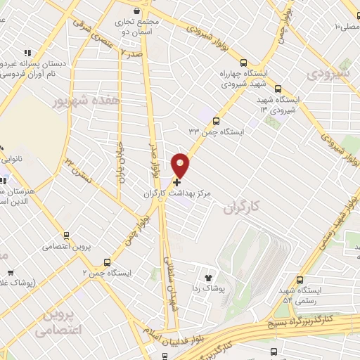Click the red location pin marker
(181, 165)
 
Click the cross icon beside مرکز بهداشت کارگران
(176, 181)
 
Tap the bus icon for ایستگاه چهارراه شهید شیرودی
(243, 62)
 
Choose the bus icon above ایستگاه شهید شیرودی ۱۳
(278, 89)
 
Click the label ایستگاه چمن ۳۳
(215, 131)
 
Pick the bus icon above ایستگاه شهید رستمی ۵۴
(300, 279)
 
